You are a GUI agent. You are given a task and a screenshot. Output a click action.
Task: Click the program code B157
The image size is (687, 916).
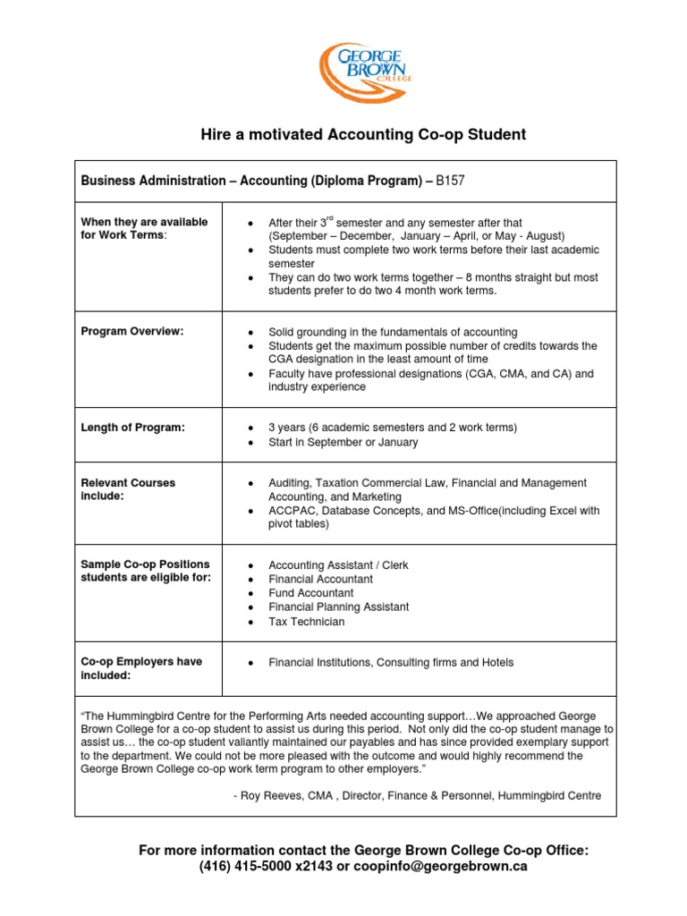point(451,181)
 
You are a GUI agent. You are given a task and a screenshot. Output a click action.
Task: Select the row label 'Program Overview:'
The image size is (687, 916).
point(132,332)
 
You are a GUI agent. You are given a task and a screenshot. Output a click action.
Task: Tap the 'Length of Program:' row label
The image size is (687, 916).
point(133,428)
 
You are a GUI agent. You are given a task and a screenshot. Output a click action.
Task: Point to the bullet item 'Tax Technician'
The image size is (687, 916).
point(306,622)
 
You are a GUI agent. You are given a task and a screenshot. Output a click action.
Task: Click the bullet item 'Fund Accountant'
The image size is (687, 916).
point(310,593)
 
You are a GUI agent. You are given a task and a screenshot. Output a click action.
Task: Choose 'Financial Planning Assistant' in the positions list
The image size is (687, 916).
point(338,607)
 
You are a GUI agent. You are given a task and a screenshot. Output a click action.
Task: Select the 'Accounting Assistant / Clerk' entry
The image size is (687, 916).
point(338,565)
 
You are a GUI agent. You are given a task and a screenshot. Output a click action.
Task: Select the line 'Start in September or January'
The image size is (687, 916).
point(343,442)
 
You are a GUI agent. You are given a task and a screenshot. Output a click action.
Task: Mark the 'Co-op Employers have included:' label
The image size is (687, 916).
point(141,669)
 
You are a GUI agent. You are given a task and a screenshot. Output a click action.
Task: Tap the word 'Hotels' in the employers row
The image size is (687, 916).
point(496,663)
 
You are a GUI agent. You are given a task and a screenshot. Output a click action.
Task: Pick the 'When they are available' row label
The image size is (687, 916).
point(144,223)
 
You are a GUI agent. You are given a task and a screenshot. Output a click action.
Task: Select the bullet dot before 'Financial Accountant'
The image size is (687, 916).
point(253,580)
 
